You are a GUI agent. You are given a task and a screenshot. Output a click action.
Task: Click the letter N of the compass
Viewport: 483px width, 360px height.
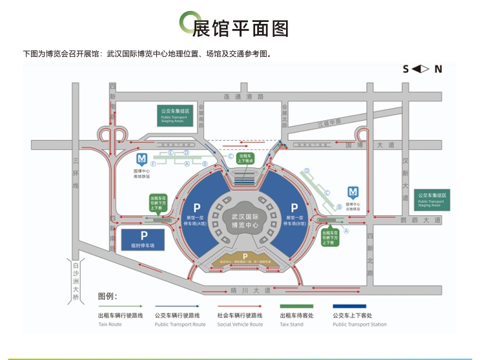click(438, 69)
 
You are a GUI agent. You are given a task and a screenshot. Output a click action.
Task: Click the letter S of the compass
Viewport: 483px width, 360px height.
click(406, 69)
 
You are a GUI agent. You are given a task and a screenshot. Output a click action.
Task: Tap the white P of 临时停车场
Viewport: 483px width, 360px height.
click(144, 236)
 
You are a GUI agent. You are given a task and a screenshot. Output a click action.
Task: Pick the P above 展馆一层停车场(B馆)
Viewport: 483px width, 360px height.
click(294, 207)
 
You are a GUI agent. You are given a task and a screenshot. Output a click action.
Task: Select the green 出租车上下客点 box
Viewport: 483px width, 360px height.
click(246, 158)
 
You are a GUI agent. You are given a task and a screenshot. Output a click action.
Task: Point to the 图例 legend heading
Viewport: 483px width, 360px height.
click(107, 296)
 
